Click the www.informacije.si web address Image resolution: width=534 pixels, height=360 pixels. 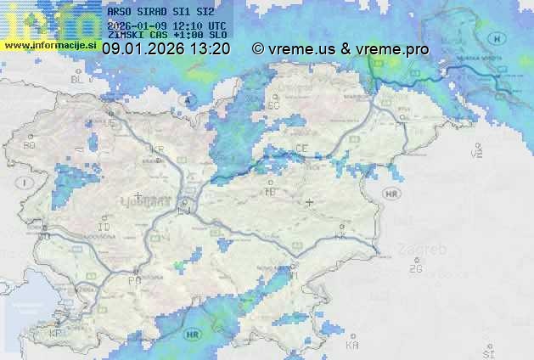click(50, 44)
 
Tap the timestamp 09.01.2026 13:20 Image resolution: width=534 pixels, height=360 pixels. click(166, 49)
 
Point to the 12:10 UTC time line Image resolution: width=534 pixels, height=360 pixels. click(166, 25)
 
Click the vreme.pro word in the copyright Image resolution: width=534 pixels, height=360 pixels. click(393, 49)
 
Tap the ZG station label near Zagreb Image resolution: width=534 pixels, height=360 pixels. click(415, 269)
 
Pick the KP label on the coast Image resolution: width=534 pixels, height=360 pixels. click(56, 334)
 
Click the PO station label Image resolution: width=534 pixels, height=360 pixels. click(134, 279)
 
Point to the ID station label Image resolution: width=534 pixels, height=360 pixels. click(104, 228)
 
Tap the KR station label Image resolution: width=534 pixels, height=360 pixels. click(156, 149)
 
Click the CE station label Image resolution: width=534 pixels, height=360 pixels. click(301, 148)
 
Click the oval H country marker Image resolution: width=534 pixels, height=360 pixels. click(497, 38)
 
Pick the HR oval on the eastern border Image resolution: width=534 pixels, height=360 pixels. click(391, 194)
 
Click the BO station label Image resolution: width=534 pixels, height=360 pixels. click(30, 145)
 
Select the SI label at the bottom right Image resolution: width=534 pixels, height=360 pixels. click(488, 352)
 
